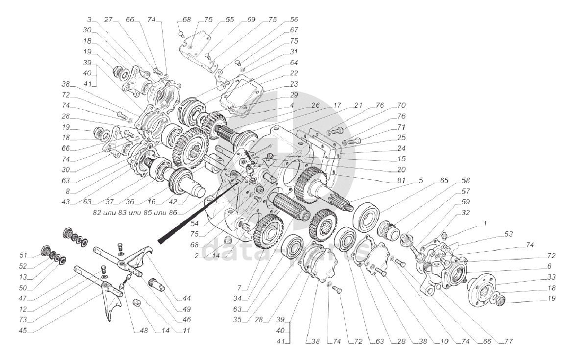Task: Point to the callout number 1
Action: click(x=485, y=223)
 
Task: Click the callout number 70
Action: click(x=402, y=105)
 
